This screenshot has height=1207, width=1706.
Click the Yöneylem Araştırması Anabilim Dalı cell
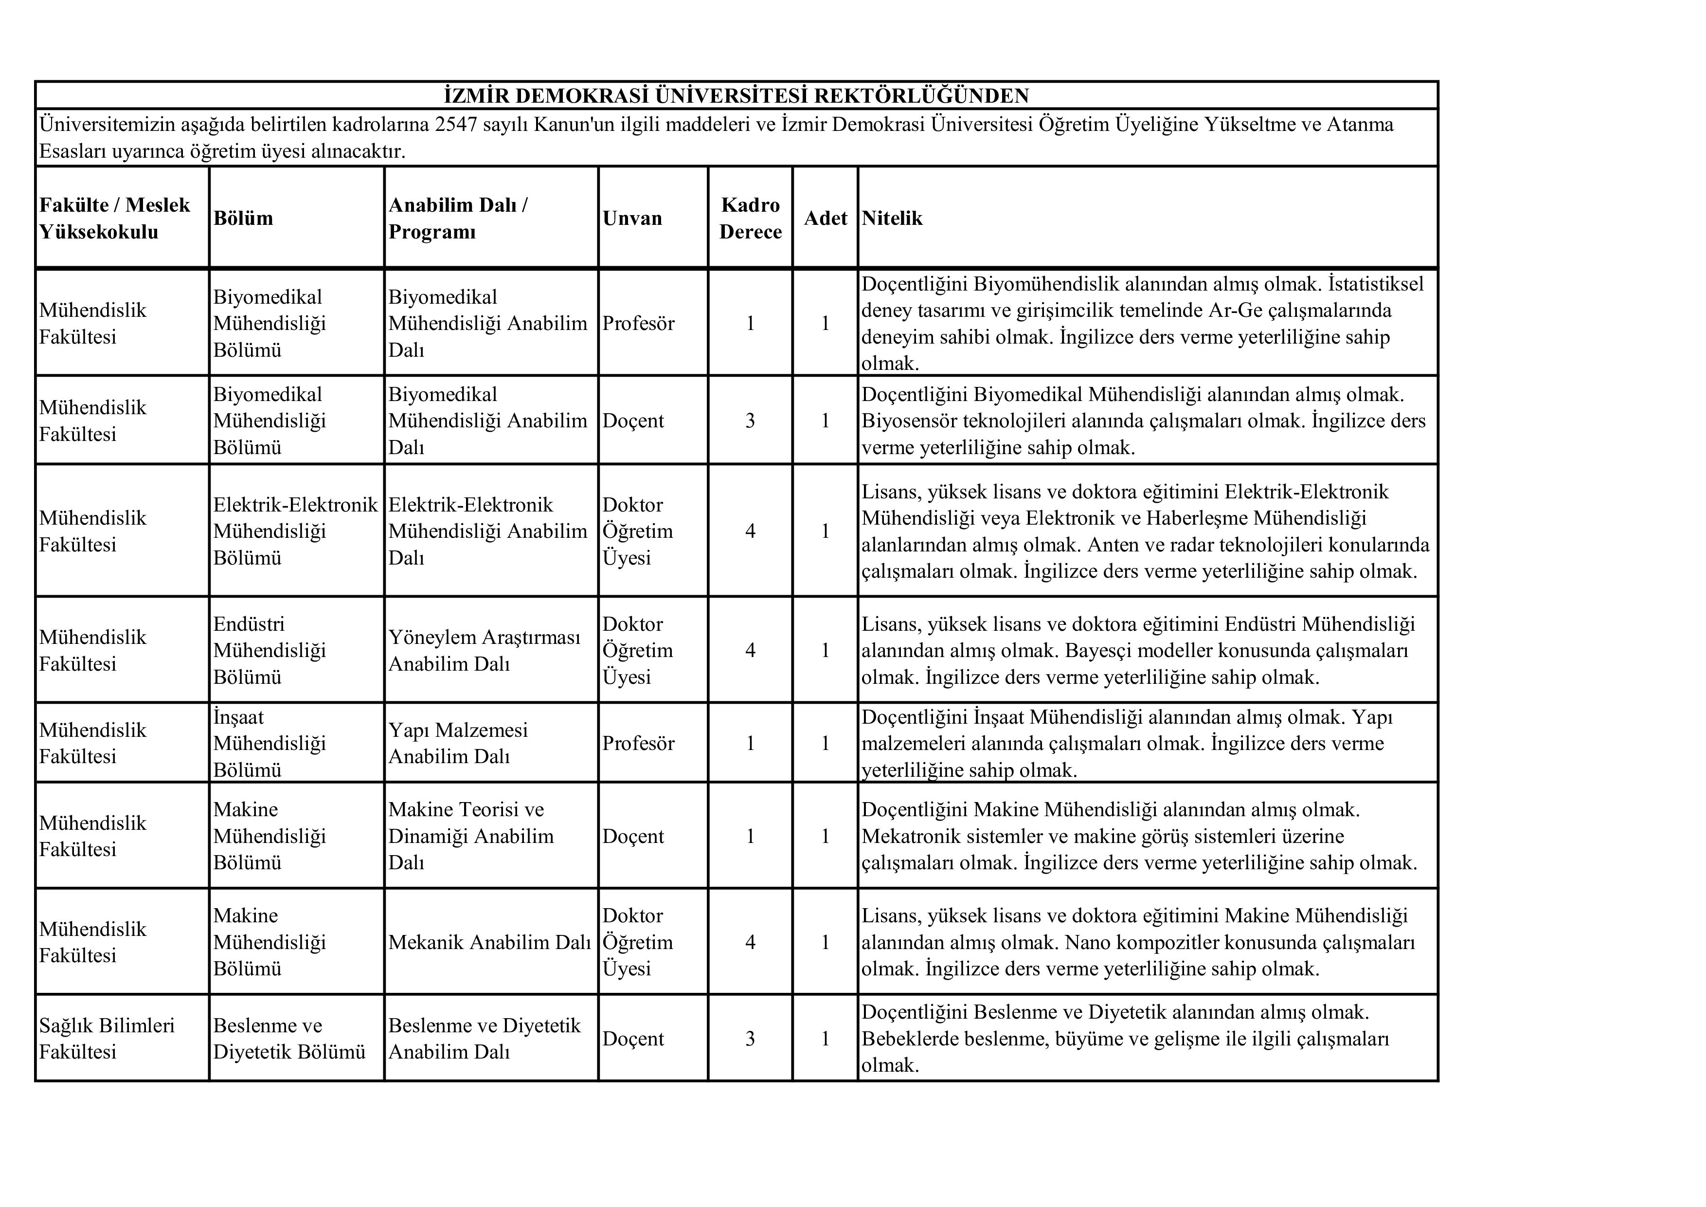pos(485,650)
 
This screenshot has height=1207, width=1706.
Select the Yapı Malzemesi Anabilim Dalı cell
pos(458,743)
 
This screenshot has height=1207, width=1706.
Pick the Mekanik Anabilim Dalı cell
pos(490,942)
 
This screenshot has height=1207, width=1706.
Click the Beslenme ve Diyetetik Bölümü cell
pos(289,1038)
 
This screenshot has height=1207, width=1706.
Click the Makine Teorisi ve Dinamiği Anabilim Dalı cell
pos(471,836)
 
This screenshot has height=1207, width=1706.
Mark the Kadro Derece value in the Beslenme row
pos(751,1038)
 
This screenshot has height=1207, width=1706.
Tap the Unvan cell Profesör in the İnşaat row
pos(638,743)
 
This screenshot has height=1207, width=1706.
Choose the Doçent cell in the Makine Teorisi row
pos(633,836)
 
